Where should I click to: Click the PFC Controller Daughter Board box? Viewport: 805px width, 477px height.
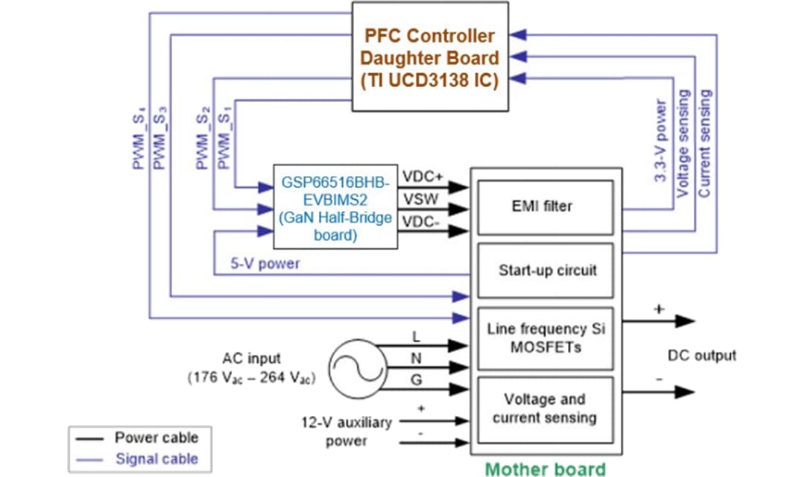tap(430, 57)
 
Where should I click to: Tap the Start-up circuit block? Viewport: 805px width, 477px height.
tap(546, 270)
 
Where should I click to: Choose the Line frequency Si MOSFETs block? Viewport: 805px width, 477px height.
tap(545, 338)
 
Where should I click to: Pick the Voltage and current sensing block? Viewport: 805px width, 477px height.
tap(545, 408)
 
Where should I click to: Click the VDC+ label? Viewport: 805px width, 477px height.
tap(423, 177)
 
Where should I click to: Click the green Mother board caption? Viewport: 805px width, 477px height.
tap(546, 469)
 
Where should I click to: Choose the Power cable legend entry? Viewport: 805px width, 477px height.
tap(156, 437)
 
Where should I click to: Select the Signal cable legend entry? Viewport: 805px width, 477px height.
tap(157, 458)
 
